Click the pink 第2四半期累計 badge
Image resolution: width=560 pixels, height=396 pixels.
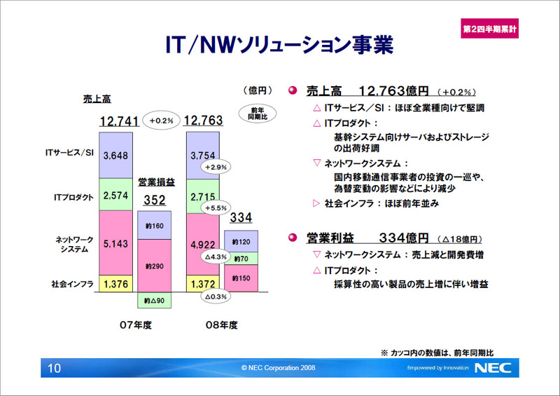[x=489, y=28]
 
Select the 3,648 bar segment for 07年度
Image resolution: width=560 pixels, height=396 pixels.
[x=115, y=156]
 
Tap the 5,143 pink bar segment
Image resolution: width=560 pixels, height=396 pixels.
[x=115, y=243]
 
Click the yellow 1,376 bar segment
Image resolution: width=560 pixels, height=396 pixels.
[x=115, y=284]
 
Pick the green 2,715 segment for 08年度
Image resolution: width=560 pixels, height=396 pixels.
[x=202, y=196]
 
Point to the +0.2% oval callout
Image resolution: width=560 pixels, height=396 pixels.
[x=162, y=121]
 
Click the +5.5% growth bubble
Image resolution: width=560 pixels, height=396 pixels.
[x=216, y=208]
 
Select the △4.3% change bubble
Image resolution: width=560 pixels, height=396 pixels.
[x=216, y=257]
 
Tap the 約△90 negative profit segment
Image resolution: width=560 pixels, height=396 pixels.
[x=154, y=300]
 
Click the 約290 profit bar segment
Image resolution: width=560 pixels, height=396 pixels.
[x=154, y=266]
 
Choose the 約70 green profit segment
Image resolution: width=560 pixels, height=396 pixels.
[x=241, y=259]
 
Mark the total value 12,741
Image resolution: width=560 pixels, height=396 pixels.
[x=119, y=121]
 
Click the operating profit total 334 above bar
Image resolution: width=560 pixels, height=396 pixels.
[x=241, y=217]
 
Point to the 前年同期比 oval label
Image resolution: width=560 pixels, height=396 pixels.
[x=258, y=114]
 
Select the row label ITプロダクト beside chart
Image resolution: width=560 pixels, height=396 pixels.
[x=73, y=197]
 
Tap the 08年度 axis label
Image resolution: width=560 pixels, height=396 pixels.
[x=221, y=325]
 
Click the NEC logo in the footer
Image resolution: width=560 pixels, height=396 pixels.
[x=493, y=368]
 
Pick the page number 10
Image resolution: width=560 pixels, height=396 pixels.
[x=55, y=368]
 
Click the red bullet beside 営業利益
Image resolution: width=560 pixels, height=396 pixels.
[x=293, y=238]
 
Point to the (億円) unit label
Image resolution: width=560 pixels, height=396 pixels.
[x=258, y=90]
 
